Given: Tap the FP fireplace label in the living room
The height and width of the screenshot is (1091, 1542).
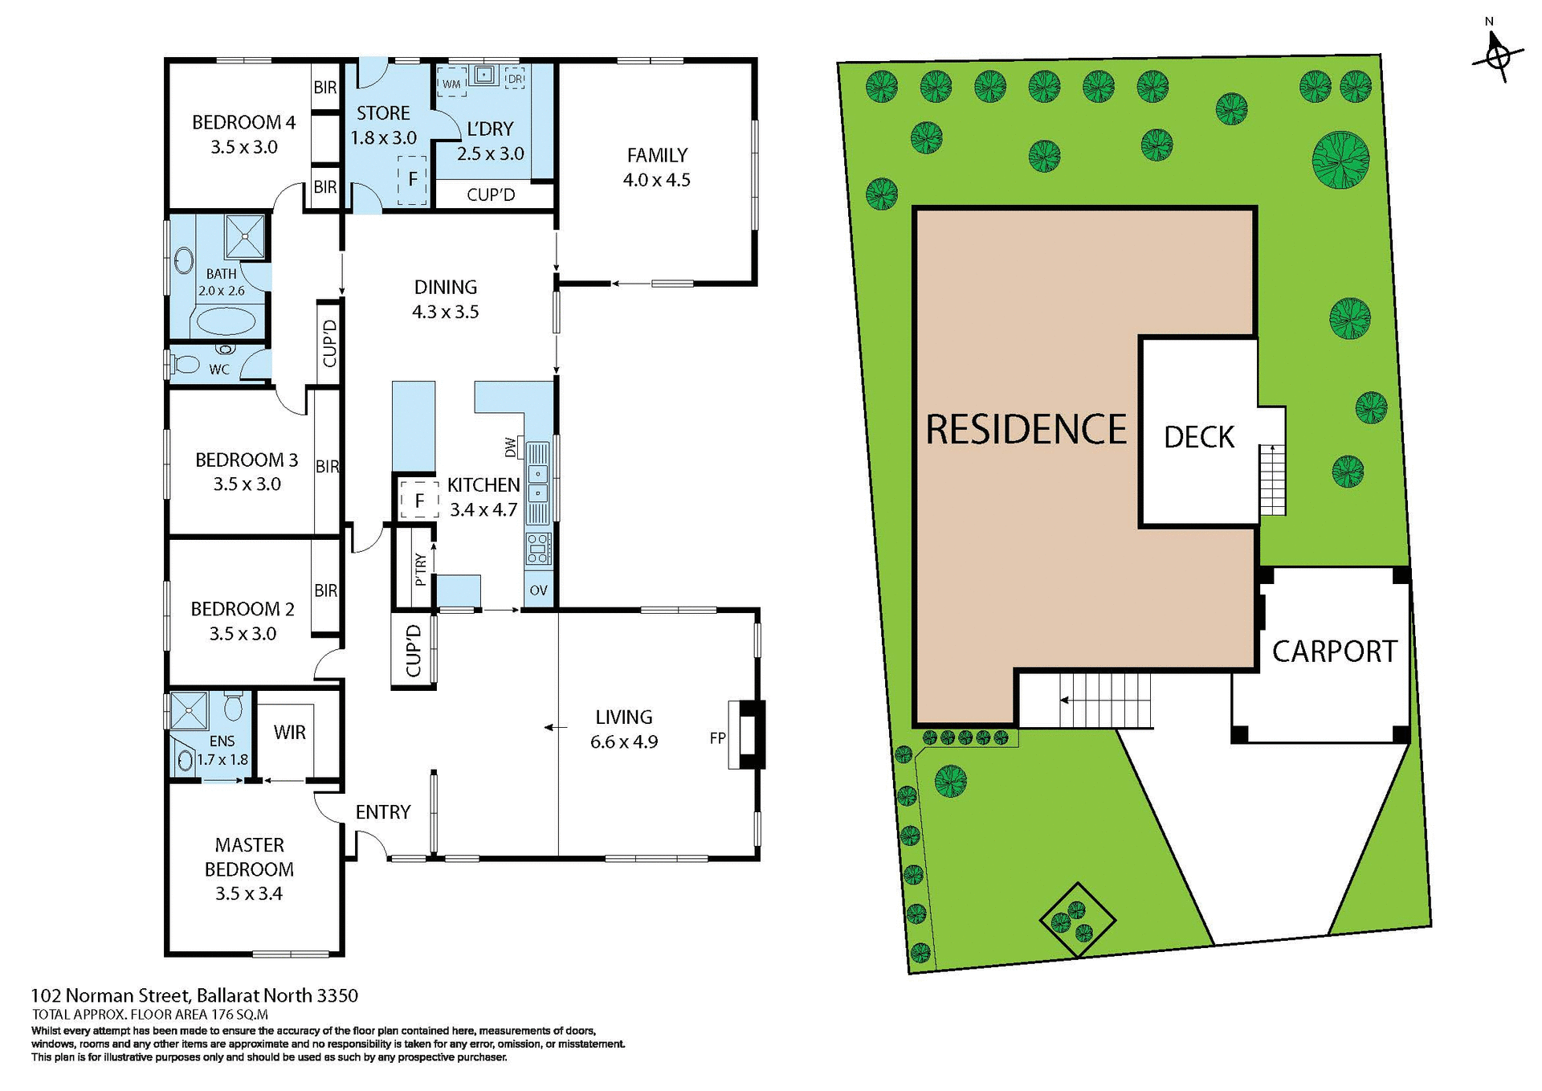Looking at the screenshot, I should point(717,738).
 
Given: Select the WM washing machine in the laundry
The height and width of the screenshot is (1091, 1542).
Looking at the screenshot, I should point(451,84).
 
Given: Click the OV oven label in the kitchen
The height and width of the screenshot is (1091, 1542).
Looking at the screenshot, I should point(538,590).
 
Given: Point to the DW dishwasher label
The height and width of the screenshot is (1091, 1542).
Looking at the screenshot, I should point(511,447).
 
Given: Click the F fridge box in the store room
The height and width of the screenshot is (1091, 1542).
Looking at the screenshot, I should point(412,179).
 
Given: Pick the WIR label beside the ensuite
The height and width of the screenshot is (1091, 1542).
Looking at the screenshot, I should point(289,732).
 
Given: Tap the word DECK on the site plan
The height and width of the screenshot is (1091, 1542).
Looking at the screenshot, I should point(1198,438).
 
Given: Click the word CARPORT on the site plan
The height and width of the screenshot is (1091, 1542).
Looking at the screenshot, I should point(1334,652).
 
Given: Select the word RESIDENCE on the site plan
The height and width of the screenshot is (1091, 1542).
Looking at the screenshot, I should point(1026,430).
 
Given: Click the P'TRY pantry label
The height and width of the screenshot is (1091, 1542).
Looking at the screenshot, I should point(421,569).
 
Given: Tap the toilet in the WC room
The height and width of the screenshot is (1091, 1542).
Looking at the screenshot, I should point(186,364).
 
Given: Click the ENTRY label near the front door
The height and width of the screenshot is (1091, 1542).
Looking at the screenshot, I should point(382,812).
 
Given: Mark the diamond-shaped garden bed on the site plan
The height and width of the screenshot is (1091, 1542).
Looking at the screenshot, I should point(1077,921).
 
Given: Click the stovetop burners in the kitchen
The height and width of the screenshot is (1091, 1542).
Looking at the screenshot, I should point(538,548).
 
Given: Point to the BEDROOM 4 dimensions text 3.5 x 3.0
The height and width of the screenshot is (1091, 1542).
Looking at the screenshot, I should point(244,147).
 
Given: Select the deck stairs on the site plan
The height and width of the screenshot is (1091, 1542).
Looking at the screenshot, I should point(1271,480).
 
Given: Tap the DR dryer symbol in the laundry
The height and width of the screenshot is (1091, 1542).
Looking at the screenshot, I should point(515,79).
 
